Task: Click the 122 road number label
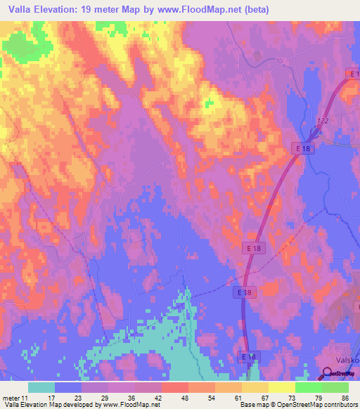323,122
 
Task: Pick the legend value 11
27,398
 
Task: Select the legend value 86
345,398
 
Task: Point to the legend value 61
238,398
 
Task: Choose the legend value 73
291,398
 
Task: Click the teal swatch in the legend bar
41,387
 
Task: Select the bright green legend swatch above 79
309,387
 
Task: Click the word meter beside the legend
10,398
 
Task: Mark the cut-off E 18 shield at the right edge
355,73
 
